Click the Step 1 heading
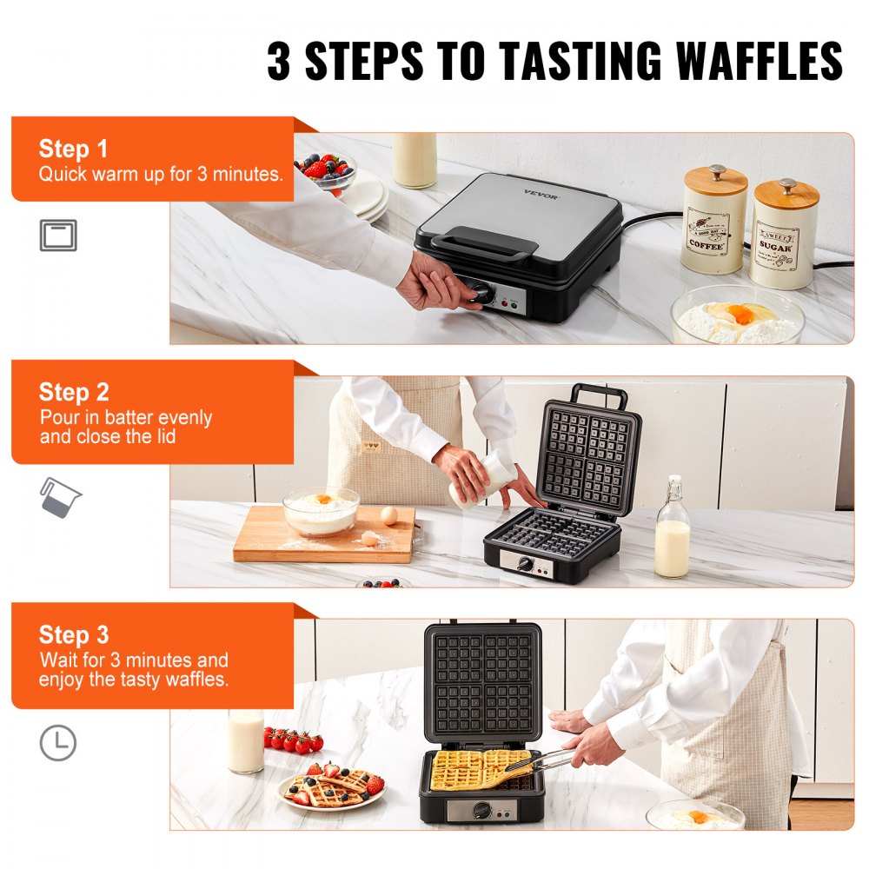[73, 149]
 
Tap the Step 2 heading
[73, 392]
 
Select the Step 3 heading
[73, 635]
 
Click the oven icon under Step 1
[58, 235]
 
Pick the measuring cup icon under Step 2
[59, 498]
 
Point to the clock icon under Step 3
[58, 743]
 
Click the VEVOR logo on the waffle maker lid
[541, 191]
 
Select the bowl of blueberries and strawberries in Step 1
[327, 169]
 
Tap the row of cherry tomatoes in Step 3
[293, 740]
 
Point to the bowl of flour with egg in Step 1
[737, 317]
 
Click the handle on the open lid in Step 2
[599, 395]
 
